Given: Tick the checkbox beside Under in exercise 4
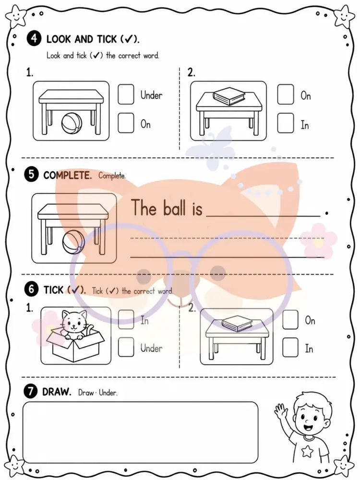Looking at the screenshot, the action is [126, 94].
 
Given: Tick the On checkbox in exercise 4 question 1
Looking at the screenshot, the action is [126, 123].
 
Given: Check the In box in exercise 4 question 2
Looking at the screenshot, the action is [285, 123].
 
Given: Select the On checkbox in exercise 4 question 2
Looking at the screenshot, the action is [285, 94].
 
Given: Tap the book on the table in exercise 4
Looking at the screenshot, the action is [228, 96].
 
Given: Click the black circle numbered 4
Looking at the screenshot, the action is [34, 38].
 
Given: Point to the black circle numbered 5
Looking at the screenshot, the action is [31, 175].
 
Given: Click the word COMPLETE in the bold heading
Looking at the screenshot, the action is [67, 175].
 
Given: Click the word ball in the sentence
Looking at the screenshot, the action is [175, 208].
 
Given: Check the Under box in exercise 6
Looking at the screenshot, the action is [126, 347].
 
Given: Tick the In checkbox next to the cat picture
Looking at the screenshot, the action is [126, 319].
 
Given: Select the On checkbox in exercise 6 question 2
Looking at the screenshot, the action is [290, 319].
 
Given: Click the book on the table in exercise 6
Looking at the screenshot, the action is [237, 324].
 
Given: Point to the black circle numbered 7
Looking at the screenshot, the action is [30, 392].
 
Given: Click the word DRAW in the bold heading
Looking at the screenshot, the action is [57, 392].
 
